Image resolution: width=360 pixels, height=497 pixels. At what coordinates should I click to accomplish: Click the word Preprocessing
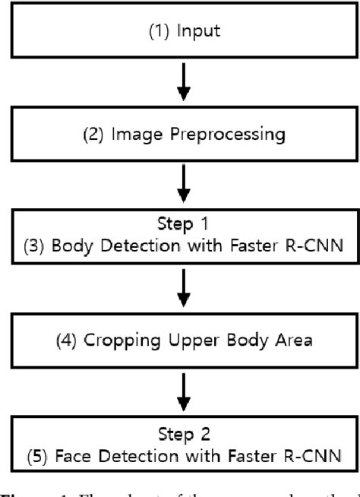[221, 135]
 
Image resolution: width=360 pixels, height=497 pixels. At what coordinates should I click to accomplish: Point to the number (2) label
[109, 135]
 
